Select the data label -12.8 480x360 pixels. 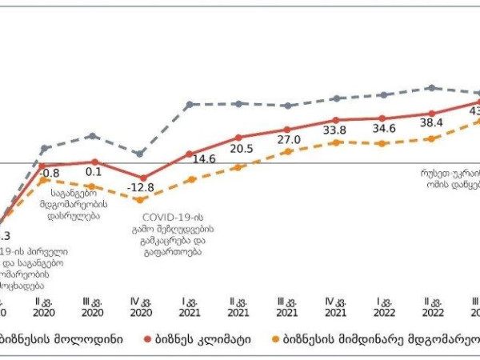point(142,188)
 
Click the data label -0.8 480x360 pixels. point(50,173)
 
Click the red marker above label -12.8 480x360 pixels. point(142,178)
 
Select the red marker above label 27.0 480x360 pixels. point(287,129)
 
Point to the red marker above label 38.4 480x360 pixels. point(432,114)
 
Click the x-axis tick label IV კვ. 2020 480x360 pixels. point(142,308)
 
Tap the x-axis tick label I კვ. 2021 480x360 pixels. point(190,308)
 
